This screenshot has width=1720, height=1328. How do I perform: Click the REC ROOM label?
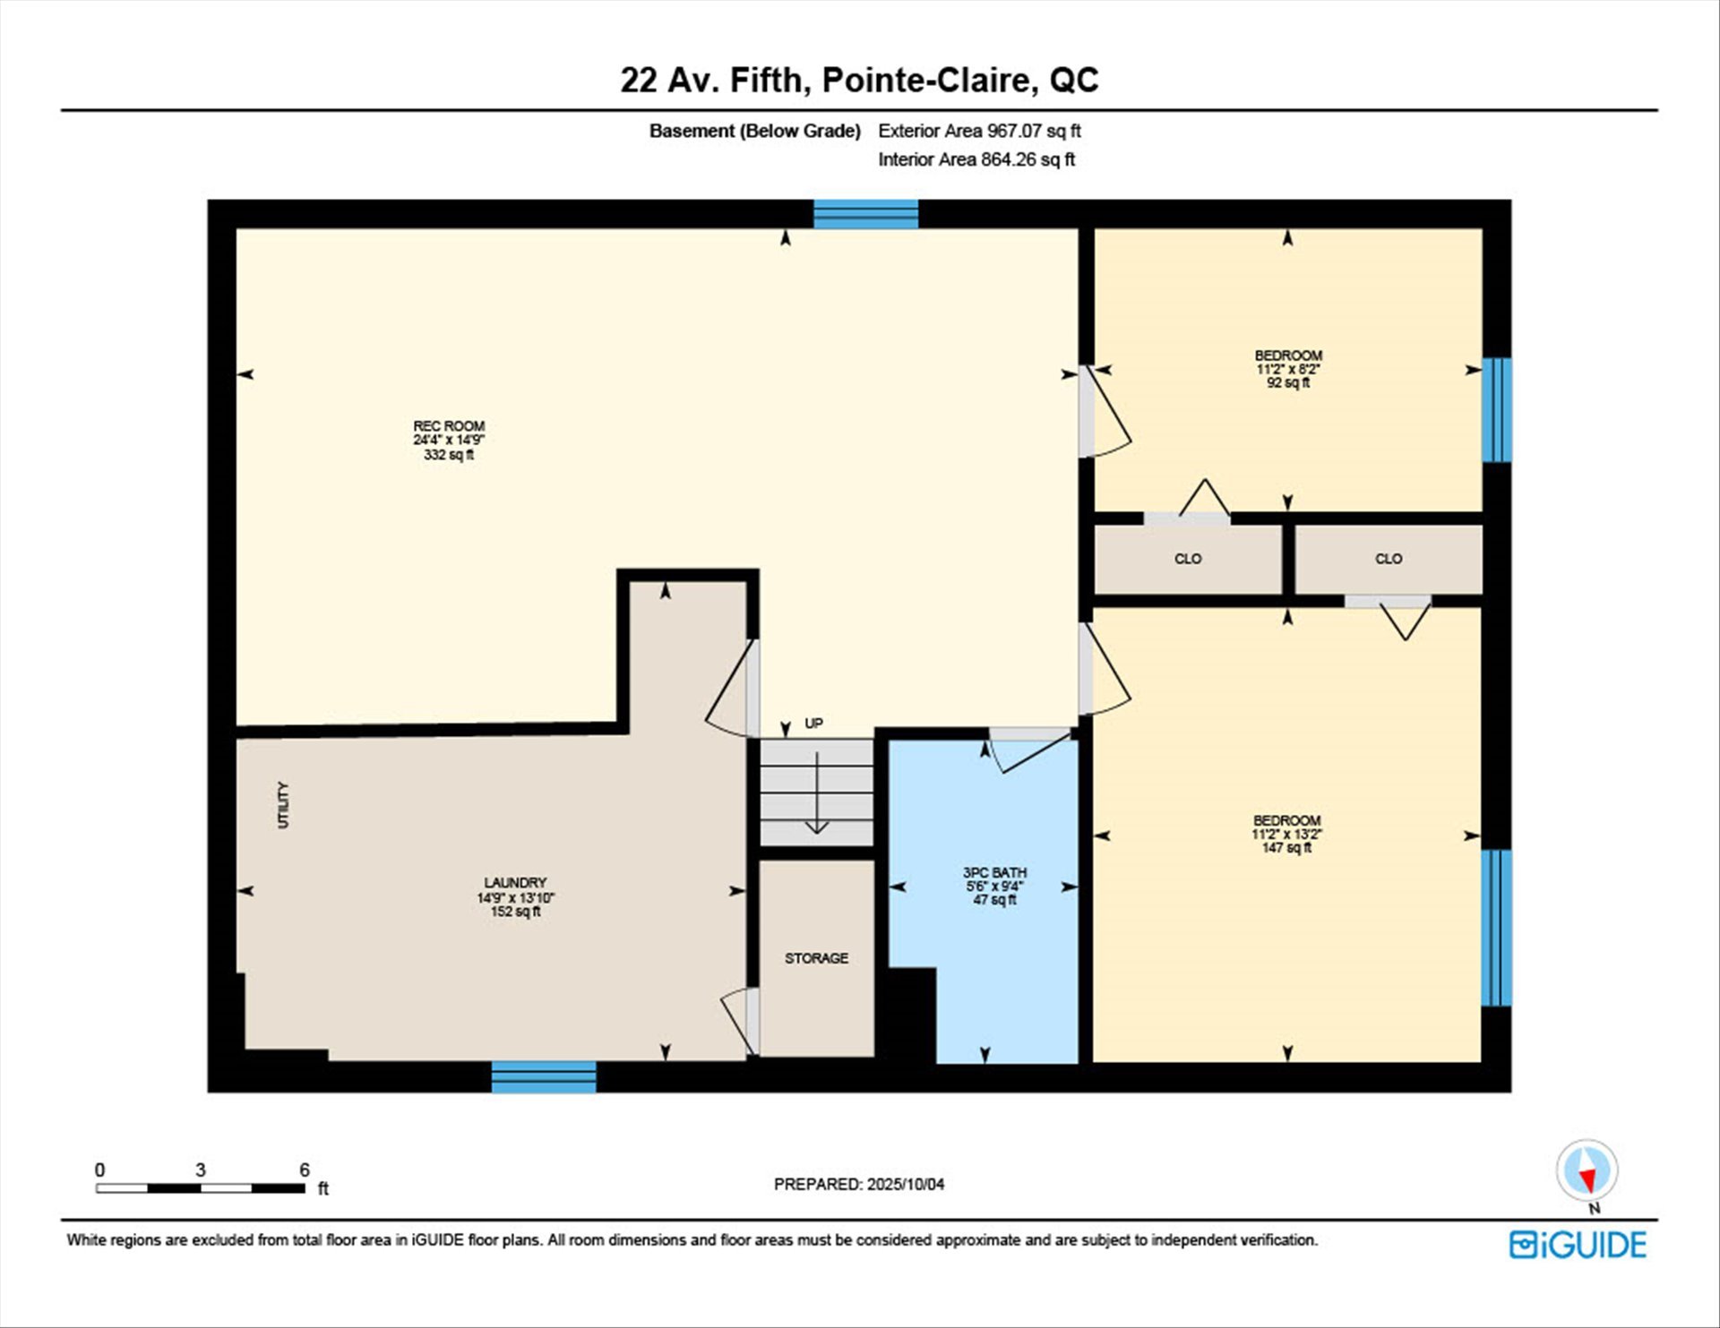pyautogui.click(x=449, y=426)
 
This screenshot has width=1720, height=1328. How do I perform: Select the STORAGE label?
pyautogui.click(x=816, y=958)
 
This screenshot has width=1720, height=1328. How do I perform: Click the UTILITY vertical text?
pyautogui.click(x=283, y=805)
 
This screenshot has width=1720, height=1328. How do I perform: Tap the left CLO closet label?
pyautogui.click(x=1188, y=559)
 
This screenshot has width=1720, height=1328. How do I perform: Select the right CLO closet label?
pyautogui.click(x=1389, y=559)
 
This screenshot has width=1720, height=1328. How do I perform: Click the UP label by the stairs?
pyautogui.click(x=813, y=724)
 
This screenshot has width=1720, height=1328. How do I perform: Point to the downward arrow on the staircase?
pyautogui.click(x=816, y=793)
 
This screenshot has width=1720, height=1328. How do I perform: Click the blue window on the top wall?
pyautogui.click(x=865, y=214)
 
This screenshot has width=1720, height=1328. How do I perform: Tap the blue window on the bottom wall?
pyautogui.click(x=544, y=1076)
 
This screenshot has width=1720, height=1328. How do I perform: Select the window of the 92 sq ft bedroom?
pyautogui.click(x=1497, y=410)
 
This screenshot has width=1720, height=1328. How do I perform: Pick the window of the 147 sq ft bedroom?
pyautogui.click(x=1497, y=928)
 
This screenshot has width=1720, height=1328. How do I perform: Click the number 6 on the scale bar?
pyautogui.click(x=305, y=1169)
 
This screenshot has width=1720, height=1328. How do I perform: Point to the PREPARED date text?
pyautogui.click(x=859, y=1184)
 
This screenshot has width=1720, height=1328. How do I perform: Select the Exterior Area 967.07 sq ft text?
pyautogui.click(x=979, y=131)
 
